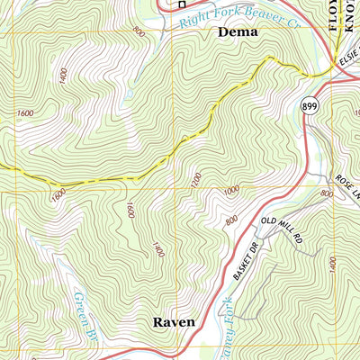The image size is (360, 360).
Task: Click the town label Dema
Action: pos(238,31)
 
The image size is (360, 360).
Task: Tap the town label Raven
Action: pos(173,321)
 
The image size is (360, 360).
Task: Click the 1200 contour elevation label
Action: pos(196,179)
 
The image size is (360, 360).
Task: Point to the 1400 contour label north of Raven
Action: pos(158,249)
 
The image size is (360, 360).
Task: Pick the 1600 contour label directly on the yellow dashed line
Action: pos(58,193)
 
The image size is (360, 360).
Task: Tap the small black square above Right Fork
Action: pos(182,3)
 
